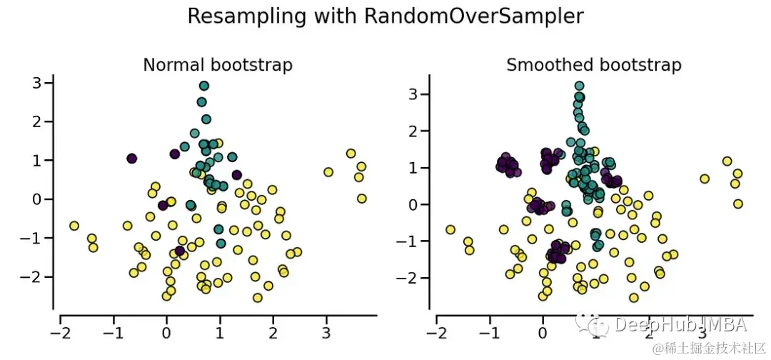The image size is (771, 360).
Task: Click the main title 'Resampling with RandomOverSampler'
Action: tap(385, 16)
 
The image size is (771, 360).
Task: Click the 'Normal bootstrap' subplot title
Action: tap(218, 65)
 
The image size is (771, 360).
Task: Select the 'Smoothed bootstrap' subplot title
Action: tap(593, 65)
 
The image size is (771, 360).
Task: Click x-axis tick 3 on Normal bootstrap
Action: tap(326, 333)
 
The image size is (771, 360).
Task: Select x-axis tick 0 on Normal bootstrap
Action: tap(166, 333)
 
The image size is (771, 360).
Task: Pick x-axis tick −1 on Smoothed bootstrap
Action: tap(490, 333)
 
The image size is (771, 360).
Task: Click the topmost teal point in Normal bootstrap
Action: tap(204, 86)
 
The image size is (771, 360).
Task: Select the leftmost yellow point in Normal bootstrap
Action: tap(74, 226)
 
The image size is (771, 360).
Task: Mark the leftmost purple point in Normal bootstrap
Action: tap(131, 159)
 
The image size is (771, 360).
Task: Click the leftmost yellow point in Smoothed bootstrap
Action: tap(450, 230)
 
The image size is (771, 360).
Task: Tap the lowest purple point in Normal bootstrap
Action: tap(180, 251)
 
